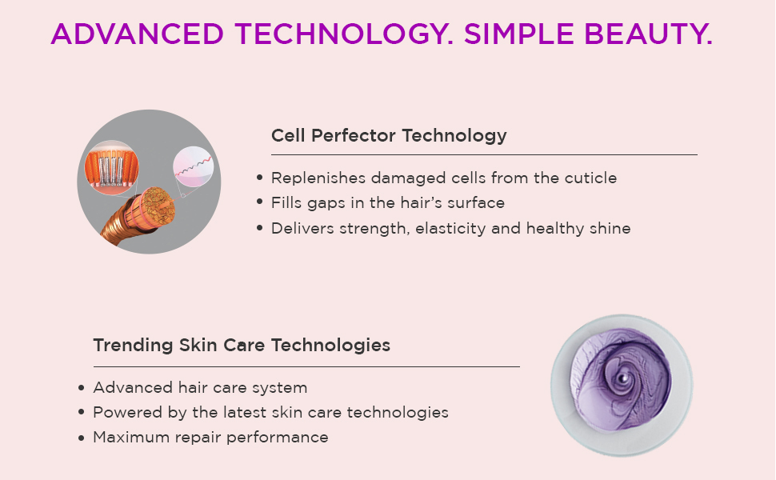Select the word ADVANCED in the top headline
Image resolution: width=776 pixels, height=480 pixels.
[137, 34]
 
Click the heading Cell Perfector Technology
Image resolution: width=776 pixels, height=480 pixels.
[389, 135]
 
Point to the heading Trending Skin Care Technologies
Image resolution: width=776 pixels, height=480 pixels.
[242, 345]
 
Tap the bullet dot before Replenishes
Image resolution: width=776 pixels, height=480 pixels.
[260, 178]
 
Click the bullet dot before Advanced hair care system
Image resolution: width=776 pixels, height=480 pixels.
[82, 387]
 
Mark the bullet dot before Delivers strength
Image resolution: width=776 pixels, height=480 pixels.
[260, 228]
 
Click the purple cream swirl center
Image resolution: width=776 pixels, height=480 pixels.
[623, 378]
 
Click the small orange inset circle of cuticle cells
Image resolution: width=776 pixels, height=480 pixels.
[112, 168]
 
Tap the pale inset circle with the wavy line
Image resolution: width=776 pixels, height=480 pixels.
[194, 166]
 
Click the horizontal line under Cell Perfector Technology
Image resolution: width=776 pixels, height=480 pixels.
[484, 155]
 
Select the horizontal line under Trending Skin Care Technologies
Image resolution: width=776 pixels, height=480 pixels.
[306, 366]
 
